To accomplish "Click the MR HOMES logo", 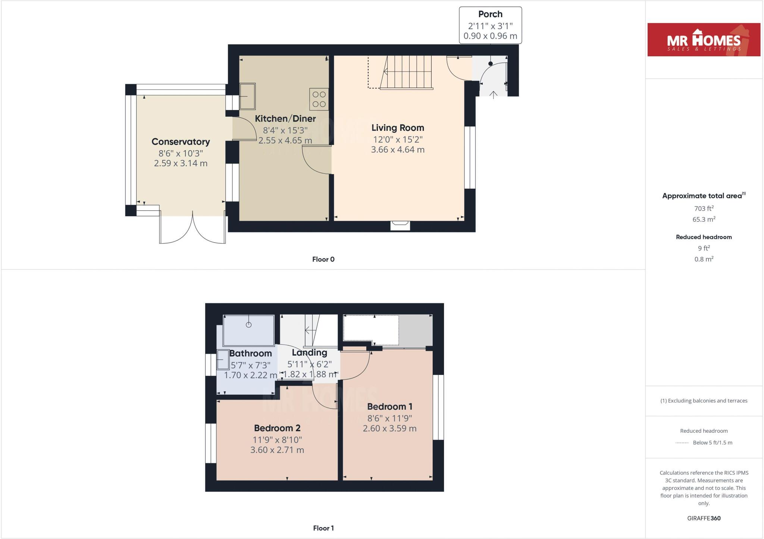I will pyautogui.click(x=704, y=40).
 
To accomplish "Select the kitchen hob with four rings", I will pyautogui.click(x=319, y=99).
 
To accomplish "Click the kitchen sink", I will pyautogui.click(x=247, y=96).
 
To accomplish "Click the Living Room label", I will pyautogui.click(x=398, y=128).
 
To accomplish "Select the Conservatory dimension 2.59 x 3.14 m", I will pyautogui.click(x=181, y=163).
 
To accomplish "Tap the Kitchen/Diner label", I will pyautogui.click(x=285, y=119).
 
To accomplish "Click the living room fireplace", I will pyautogui.click(x=400, y=225).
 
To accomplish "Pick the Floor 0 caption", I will pyautogui.click(x=323, y=259).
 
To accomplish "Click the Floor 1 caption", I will pyautogui.click(x=323, y=528).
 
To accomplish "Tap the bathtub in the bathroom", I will pyautogui.click(x=248, y=330).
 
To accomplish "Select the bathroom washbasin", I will pyautogui.click(x=223, y=360).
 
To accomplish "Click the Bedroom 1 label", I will pyautogui.click(x=389, y=407).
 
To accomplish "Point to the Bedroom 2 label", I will pyautogui.click(x=277, y=428).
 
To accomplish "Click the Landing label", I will pyautogui.click(x=309, y=353).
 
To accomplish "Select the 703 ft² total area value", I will pyautogui.click(x=703, y=208).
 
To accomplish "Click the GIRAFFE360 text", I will pyautogui.click(x=704, y=518).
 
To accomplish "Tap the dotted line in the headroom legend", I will pyautogui.click(x=682, y=443).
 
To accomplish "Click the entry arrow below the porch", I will pyautogui.click(x=493, y=95).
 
